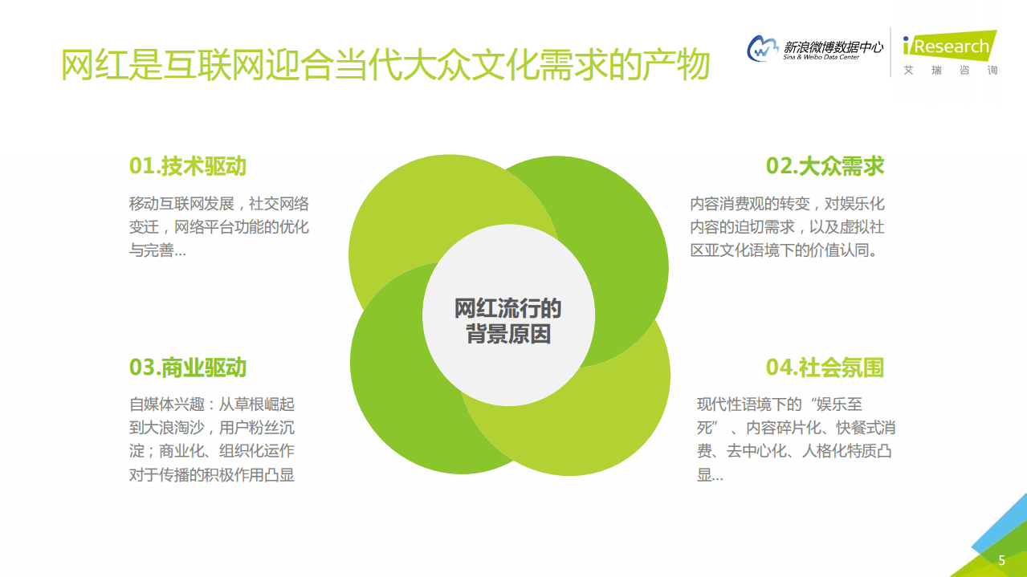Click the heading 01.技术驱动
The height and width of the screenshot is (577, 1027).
click(187, 166)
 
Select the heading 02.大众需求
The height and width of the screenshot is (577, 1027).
click(825, 166)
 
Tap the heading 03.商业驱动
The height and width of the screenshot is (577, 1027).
click(187, 368)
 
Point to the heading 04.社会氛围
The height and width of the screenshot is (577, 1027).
click(825, 368)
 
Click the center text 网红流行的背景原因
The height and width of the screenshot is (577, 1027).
click(508, 321)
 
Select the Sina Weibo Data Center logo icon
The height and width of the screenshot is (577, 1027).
click(763, 49)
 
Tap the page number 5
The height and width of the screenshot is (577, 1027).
click(1001, 560)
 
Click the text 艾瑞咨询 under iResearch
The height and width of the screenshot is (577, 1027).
click(950, 71)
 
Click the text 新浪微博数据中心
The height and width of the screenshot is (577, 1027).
click(833, 47)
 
